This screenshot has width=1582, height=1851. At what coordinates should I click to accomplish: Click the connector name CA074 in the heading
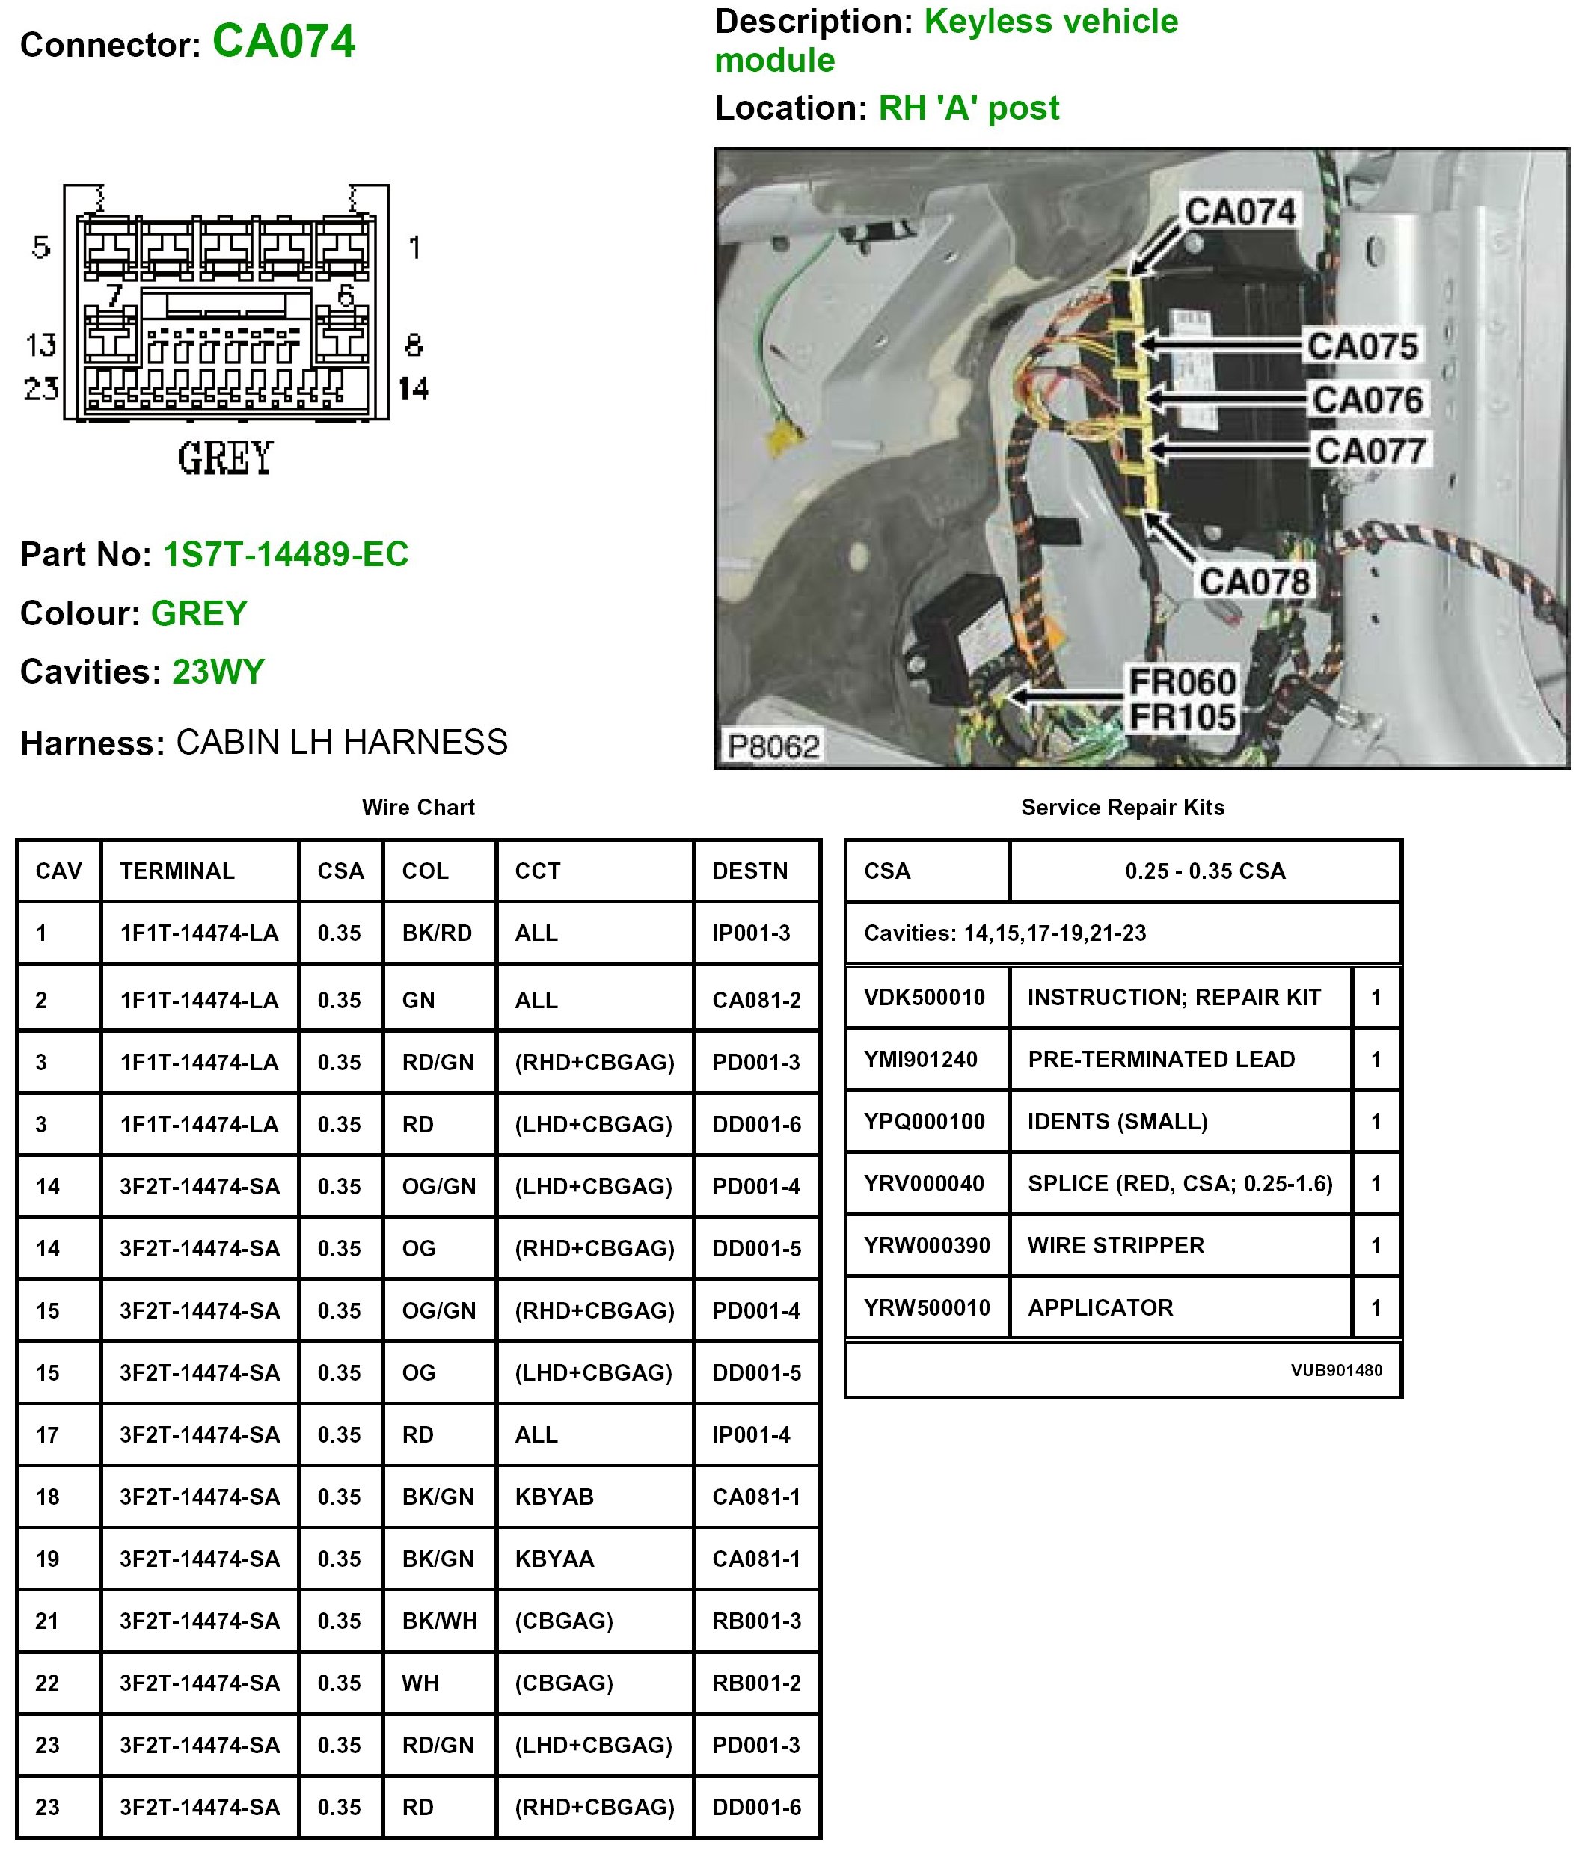(x=283, y=41)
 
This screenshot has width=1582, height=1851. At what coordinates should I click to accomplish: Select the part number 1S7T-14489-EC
(x=285, y=554)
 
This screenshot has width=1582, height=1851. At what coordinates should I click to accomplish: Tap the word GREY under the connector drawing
(x=224, y=458)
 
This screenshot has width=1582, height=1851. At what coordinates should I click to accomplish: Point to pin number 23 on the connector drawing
(x=41, y=389)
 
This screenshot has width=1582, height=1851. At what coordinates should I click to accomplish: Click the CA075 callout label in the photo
(x=1361, y=346)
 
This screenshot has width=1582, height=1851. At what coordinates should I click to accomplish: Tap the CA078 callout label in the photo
(x=1254, y=582)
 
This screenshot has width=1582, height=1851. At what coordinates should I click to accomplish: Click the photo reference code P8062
(x=773, y=746)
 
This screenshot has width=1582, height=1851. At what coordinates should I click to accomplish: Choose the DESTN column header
(x=749, y=871)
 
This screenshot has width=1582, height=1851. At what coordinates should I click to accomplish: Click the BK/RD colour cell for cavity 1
(x=436, y=933)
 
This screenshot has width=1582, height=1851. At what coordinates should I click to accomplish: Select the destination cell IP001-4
(x=750, y=1434)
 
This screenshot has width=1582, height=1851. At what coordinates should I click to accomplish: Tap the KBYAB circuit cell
(x=554, y=1497)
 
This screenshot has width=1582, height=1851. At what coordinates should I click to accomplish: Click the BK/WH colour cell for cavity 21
(x=438, y=1621)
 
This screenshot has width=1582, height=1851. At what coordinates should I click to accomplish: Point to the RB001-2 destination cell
(x=755, y=1683)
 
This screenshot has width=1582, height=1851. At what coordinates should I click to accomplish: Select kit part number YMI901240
(x=920, y=1060)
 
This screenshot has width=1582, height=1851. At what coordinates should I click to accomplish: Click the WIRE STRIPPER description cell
(x=1116, y=1245)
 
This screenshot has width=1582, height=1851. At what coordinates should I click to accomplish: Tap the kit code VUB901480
(x=1335, y=1370)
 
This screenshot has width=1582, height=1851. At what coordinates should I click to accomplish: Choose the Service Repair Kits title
(x=1122, y=808)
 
